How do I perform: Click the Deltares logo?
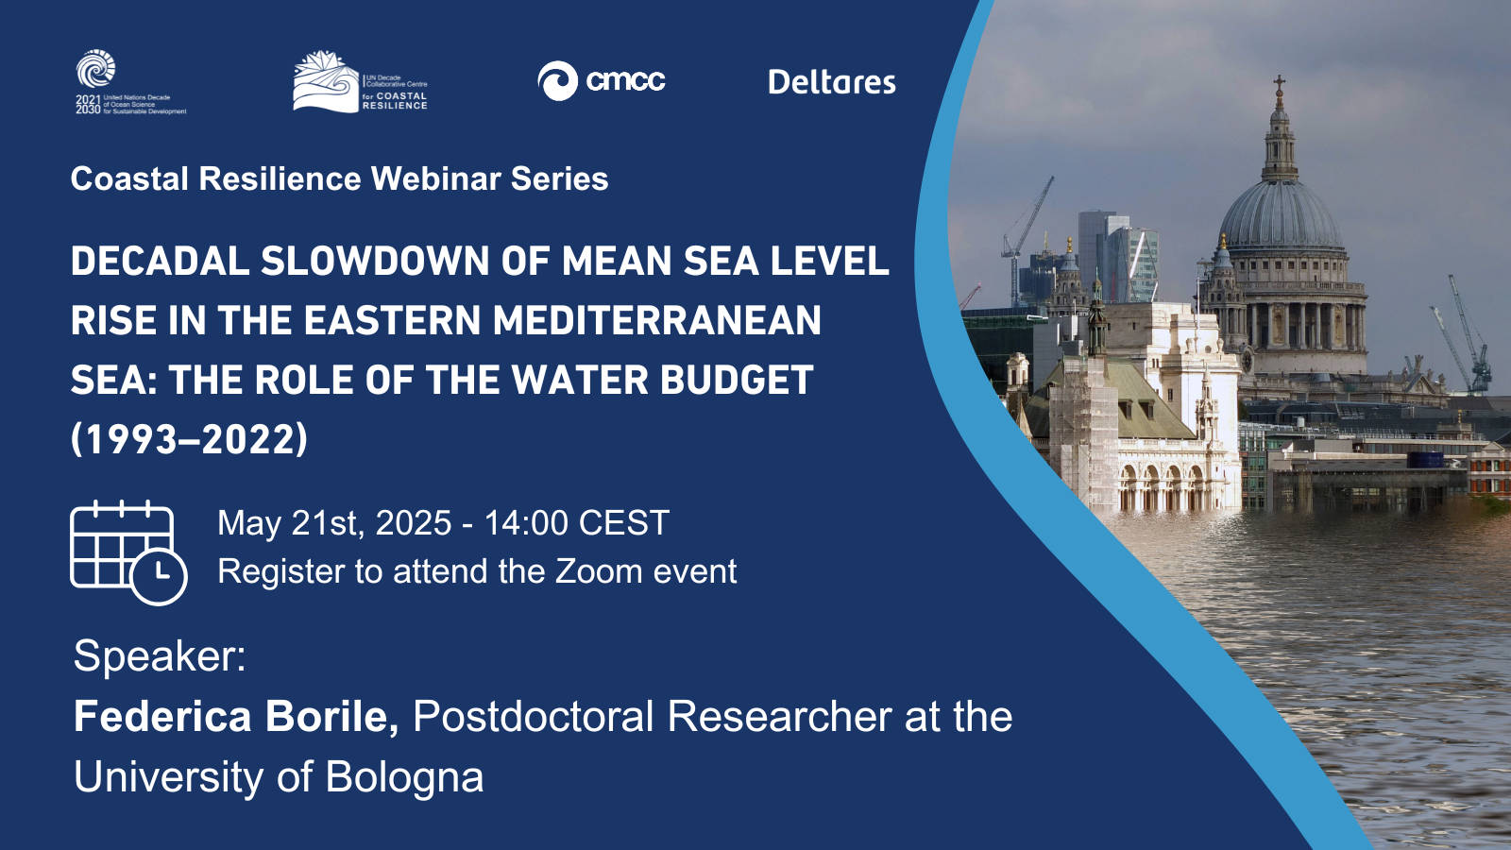click(x=832, y=82)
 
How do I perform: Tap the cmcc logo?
click(x=601, y=81)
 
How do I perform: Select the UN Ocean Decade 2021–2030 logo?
click(x=131, y=82)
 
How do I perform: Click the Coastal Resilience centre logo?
click(x=360, y=81)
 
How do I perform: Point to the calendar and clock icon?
click(x=128, y=552)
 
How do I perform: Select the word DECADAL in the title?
click(x=160, y=261)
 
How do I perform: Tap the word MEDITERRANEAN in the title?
click(x=657, y=320)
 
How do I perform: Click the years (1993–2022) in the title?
click(x=190, y=439)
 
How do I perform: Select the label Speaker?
click(x=160, y=655)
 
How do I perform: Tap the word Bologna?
click(x=405, y=778)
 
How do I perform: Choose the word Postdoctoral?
click(x=533, y=717)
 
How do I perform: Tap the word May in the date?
click(x=249, y=524)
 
